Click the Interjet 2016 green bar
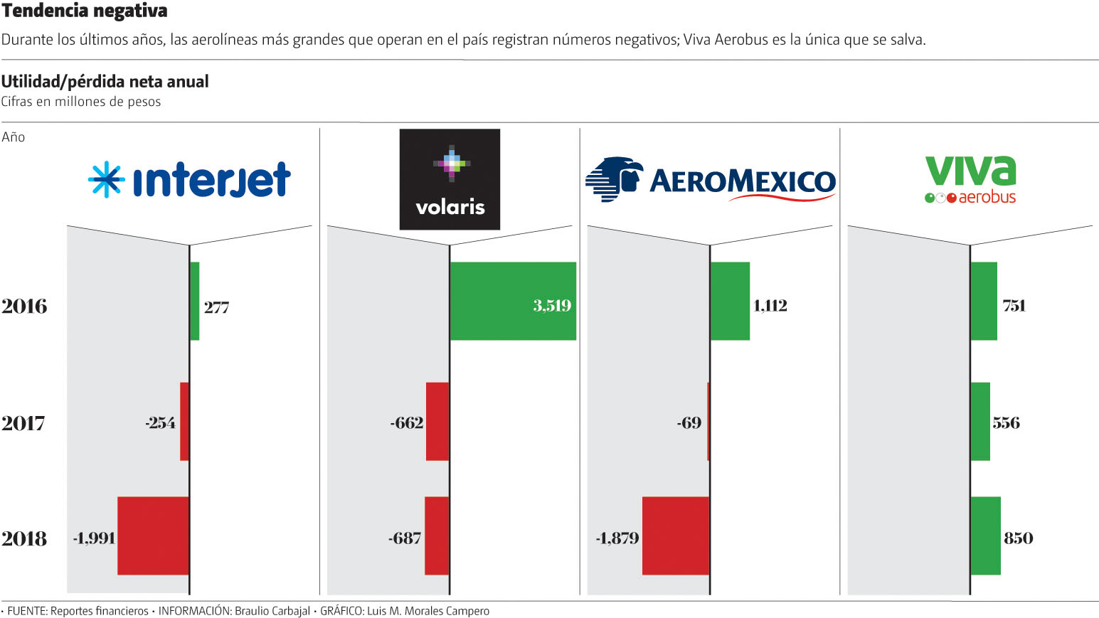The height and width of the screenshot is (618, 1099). [195, 301]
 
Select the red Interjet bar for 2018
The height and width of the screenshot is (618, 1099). [153, 536]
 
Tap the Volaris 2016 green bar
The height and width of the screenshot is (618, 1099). [512, 301]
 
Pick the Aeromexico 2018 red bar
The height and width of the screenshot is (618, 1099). [676, 536]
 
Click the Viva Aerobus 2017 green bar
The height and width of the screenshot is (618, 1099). [980, 421]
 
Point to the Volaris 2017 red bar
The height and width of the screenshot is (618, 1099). [437, 421]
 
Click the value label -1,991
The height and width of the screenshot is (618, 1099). [94, 538]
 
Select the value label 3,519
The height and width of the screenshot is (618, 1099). [552, 306]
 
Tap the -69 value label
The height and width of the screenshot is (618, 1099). [689, 423]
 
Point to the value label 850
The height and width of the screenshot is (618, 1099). [1018, 538]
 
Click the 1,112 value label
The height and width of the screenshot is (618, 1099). [770, 306]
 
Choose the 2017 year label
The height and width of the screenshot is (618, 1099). [23, 424]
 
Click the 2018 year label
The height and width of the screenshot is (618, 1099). [23, 539]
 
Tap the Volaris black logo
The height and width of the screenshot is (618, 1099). [450, 179]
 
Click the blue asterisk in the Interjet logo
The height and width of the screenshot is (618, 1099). [106, 179]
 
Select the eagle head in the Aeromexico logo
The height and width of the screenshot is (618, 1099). [615, 178]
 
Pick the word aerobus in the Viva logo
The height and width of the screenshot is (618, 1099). [987, 197]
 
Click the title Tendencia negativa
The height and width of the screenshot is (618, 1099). [85, 11]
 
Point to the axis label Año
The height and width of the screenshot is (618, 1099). [13, 137]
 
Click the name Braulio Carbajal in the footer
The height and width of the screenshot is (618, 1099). [272, 611]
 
